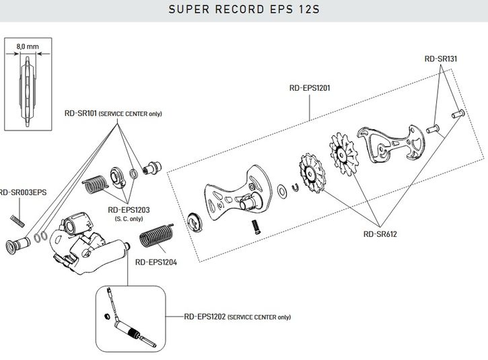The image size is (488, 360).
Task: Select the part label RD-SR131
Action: (x=441, y=59)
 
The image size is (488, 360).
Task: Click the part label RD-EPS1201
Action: (x=309, y=87)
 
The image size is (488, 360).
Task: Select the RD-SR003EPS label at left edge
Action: (x=23, y=192)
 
